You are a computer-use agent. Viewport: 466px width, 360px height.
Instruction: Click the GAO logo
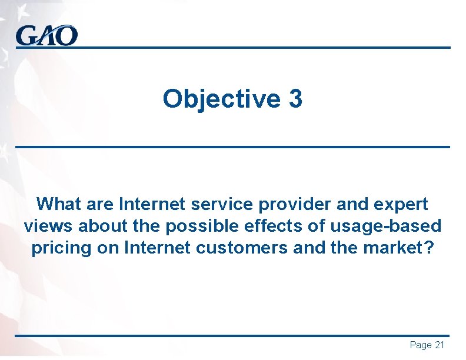coord(46,36)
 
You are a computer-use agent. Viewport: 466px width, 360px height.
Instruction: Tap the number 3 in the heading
coord(295,99)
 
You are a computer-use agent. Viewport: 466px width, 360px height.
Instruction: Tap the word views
coord(49,226)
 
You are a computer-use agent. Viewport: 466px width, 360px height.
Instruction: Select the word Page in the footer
coord(420,345)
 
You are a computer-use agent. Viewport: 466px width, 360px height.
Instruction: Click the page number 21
coord(440,345)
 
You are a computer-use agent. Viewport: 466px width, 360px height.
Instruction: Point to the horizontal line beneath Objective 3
coord(232,146)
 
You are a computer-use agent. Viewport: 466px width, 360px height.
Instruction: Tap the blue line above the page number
coord(232,336)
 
